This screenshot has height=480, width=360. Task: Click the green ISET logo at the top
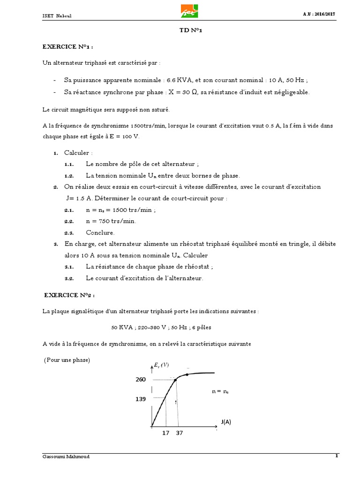189,10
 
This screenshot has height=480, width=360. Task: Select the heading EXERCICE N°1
68,47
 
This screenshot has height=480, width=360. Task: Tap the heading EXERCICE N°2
69,295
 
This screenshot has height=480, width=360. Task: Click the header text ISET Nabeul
57,16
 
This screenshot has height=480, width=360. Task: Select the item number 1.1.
69,165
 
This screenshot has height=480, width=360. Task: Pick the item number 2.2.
69,221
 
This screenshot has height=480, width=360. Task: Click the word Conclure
100,232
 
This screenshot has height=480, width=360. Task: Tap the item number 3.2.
69,278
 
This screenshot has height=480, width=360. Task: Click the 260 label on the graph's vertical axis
141,379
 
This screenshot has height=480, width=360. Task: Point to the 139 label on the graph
141,399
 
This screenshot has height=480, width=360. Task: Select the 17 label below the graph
165,433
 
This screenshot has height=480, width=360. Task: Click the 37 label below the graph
180,433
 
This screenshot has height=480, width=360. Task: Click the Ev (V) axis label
161,365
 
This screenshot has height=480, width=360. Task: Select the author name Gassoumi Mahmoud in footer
66,457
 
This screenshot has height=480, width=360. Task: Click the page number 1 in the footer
336,456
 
